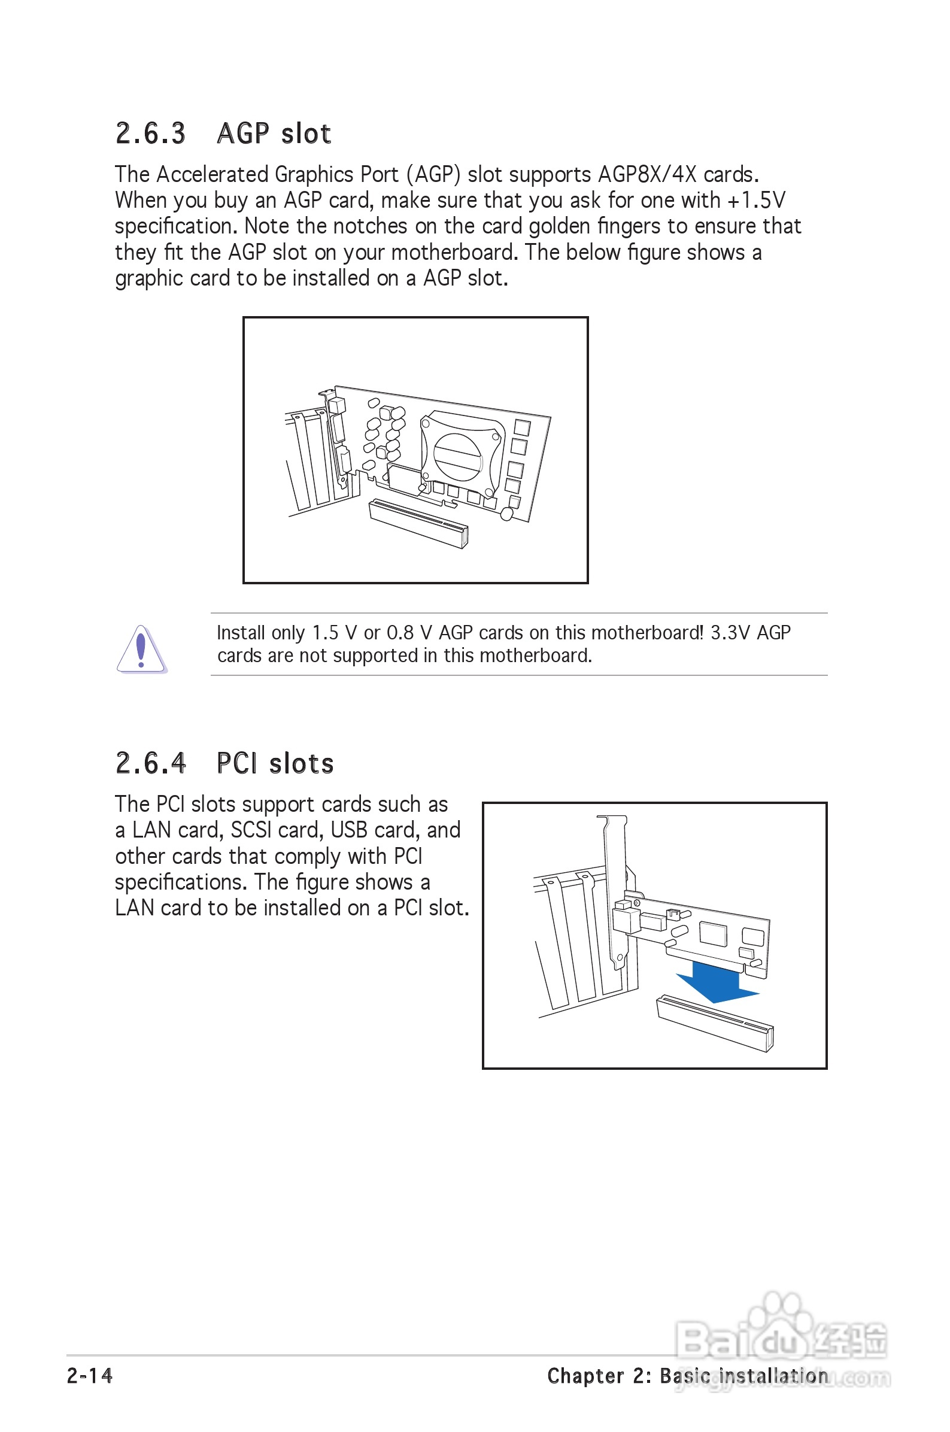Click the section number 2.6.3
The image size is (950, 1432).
[150, 134]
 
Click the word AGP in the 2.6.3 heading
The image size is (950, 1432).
[243, 134]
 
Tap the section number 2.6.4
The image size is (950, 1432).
[150, 763]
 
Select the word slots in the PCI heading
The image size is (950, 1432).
[301, 764]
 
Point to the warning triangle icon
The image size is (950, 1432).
[141, 650]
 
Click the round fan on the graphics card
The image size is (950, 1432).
[457, 456]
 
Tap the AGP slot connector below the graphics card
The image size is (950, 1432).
[418, 523]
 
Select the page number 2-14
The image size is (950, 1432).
[90, 1376]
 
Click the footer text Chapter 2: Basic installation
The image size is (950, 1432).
[687, 1376]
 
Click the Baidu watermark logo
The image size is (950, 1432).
[782, 1342]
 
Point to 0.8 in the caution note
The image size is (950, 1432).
[400, 633]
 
